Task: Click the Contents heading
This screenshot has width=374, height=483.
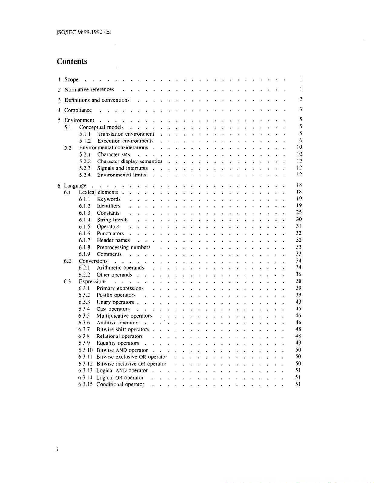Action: click(x=72, y=61)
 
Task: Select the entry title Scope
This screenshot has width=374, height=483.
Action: click(x=71, y=80)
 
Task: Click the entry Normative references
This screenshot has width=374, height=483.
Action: click(x=89, y=90)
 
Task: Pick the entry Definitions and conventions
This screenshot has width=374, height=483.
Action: click(x=97, y=100)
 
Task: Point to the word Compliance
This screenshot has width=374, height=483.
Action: click(x=78, y=110)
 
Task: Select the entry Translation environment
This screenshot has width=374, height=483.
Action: click(x=126, y=134)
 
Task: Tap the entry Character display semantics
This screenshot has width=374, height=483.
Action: click(x=130, y=161)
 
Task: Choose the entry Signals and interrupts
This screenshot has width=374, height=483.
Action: click(x=122, y=168)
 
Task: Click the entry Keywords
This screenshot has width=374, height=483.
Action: click(x=109, y=199)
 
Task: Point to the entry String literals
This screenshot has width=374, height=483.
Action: click(x=113, y=220)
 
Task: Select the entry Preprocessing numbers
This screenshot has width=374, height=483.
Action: click(x=124, y=247)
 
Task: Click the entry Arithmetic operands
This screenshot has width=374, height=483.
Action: click(x=120, y=268)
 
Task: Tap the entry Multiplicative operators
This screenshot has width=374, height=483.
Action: click(x=124, y=316)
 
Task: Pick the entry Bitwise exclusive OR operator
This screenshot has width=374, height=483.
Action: click(x=132, y=357)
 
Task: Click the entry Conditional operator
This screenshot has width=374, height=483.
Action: click(x=120, y=385)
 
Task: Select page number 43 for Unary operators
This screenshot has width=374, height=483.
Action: click(x=298, y=302)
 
